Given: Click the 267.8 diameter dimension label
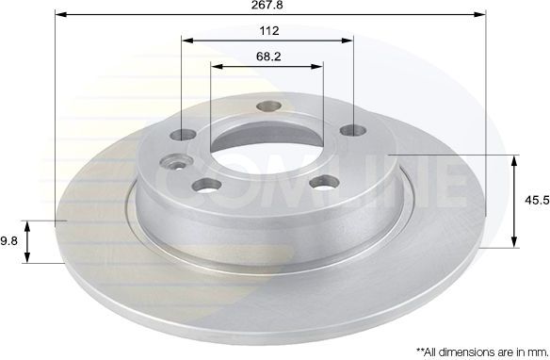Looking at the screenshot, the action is [267, 5].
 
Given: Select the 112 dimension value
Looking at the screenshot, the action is [269, 31].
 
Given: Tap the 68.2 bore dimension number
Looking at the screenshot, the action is [268, 57].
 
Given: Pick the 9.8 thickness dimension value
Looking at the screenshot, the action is [8, 241].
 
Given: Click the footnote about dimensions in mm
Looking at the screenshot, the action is [482, 352].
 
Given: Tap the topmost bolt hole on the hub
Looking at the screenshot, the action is [268, 106].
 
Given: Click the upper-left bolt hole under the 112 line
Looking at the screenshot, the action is [183, 134].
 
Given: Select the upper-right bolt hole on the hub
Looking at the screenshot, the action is [353, 131].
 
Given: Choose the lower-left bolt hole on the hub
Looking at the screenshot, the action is [207, 185].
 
